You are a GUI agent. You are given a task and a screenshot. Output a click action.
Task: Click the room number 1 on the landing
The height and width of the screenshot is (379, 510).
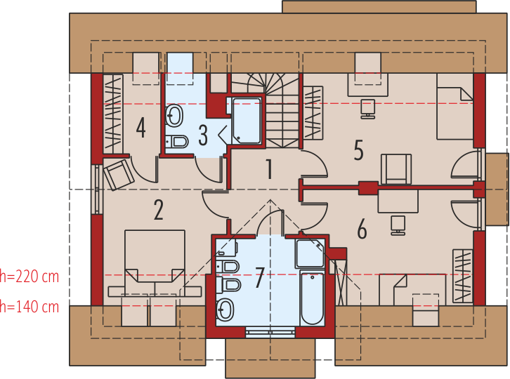268,169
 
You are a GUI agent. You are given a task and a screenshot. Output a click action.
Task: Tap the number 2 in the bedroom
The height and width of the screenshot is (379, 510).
158,210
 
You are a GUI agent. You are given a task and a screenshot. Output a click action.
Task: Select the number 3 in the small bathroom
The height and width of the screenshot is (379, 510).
203,133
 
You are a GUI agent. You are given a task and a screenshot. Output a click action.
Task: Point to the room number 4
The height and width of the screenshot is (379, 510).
140,128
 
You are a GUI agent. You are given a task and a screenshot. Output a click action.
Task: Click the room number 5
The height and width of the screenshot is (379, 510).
358,150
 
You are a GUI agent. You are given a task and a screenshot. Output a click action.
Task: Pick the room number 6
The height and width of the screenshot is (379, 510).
362,229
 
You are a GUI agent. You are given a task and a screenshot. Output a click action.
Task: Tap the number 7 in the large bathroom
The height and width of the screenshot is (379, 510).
259,278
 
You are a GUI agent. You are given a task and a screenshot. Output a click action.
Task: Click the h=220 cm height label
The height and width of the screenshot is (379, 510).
30,276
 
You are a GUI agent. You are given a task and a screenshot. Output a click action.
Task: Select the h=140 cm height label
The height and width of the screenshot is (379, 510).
30,307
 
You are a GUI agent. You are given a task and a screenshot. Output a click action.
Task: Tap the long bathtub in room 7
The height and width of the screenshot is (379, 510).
311,298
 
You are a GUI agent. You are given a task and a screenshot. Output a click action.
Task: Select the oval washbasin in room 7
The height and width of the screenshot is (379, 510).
225,309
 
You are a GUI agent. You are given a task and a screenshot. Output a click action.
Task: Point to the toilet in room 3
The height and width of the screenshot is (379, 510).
178,142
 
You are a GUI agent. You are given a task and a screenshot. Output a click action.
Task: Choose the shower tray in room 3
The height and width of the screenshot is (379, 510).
247,121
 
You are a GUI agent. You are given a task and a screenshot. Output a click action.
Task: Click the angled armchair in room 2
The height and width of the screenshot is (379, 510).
118,173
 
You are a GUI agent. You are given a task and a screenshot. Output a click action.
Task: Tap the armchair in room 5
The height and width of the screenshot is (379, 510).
396,169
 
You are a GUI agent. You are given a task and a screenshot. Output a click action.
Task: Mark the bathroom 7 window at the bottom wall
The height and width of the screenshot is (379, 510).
270,334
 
